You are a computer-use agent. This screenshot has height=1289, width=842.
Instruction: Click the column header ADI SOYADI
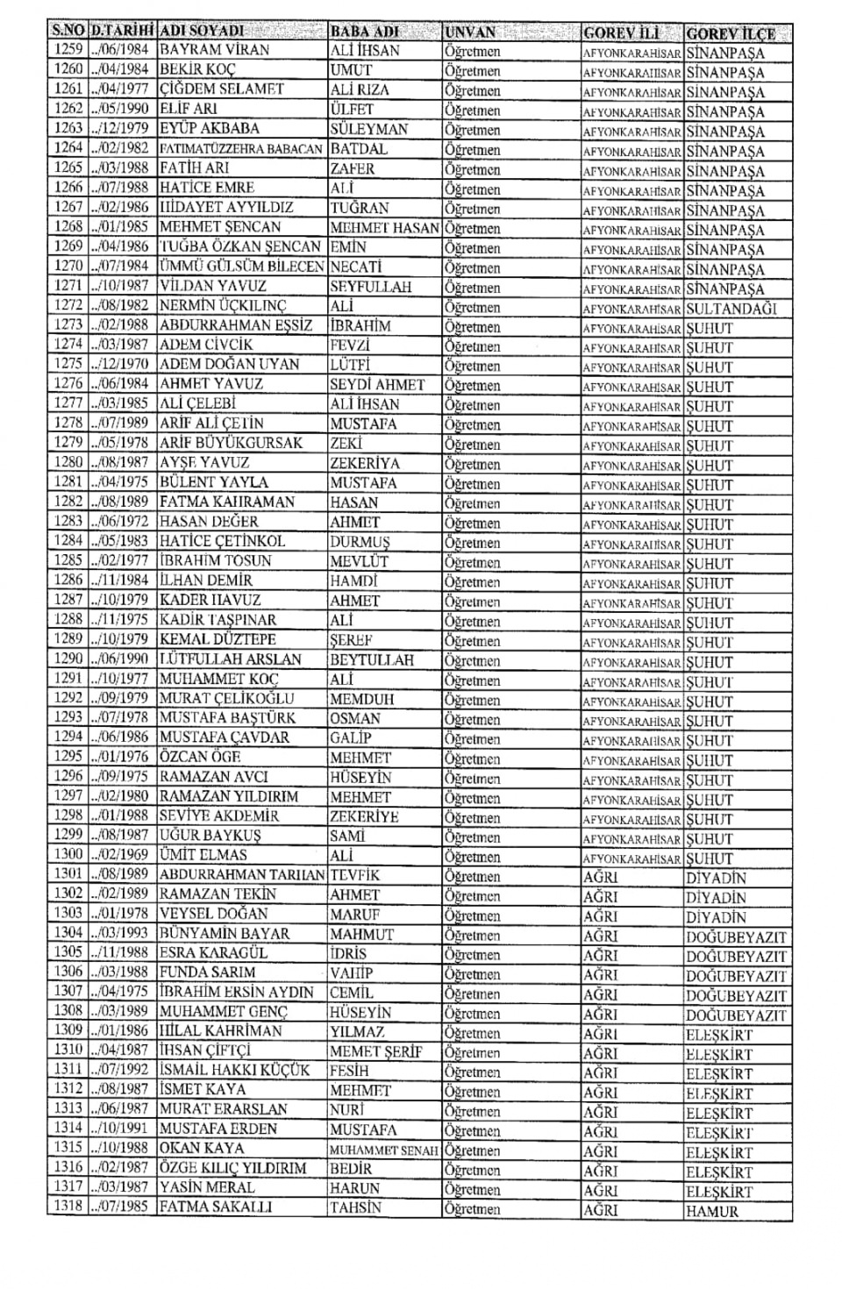point(203,31)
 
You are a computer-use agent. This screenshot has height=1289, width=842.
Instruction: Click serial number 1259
point(68,50)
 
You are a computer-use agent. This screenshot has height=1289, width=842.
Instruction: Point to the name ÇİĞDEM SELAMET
point(221,89)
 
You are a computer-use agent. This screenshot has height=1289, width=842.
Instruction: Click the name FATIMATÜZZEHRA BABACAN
point(241,148)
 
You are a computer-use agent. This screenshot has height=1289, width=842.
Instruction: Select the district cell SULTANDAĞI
point(731,309)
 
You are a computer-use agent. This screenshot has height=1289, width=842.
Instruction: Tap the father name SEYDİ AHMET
point(377,385)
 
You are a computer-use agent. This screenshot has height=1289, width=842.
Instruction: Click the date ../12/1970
point(122,364)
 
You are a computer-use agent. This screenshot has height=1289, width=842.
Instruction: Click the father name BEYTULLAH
point(371,660)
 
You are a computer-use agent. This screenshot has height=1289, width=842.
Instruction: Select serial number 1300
point(68,854)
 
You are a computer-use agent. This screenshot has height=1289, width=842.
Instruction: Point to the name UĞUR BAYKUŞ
point(210,836)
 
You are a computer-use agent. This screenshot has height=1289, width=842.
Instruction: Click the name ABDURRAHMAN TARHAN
point(242,875)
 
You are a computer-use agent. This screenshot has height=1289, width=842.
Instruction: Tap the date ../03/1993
point(122,933)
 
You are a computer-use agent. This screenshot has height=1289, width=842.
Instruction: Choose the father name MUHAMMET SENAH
point(383,1150)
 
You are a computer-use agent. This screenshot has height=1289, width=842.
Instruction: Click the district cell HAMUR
point(712,1212)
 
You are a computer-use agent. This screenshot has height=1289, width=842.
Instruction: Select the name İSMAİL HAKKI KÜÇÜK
point(234,1070)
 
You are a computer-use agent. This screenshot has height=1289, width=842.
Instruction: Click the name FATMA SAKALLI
point(216,1207)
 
